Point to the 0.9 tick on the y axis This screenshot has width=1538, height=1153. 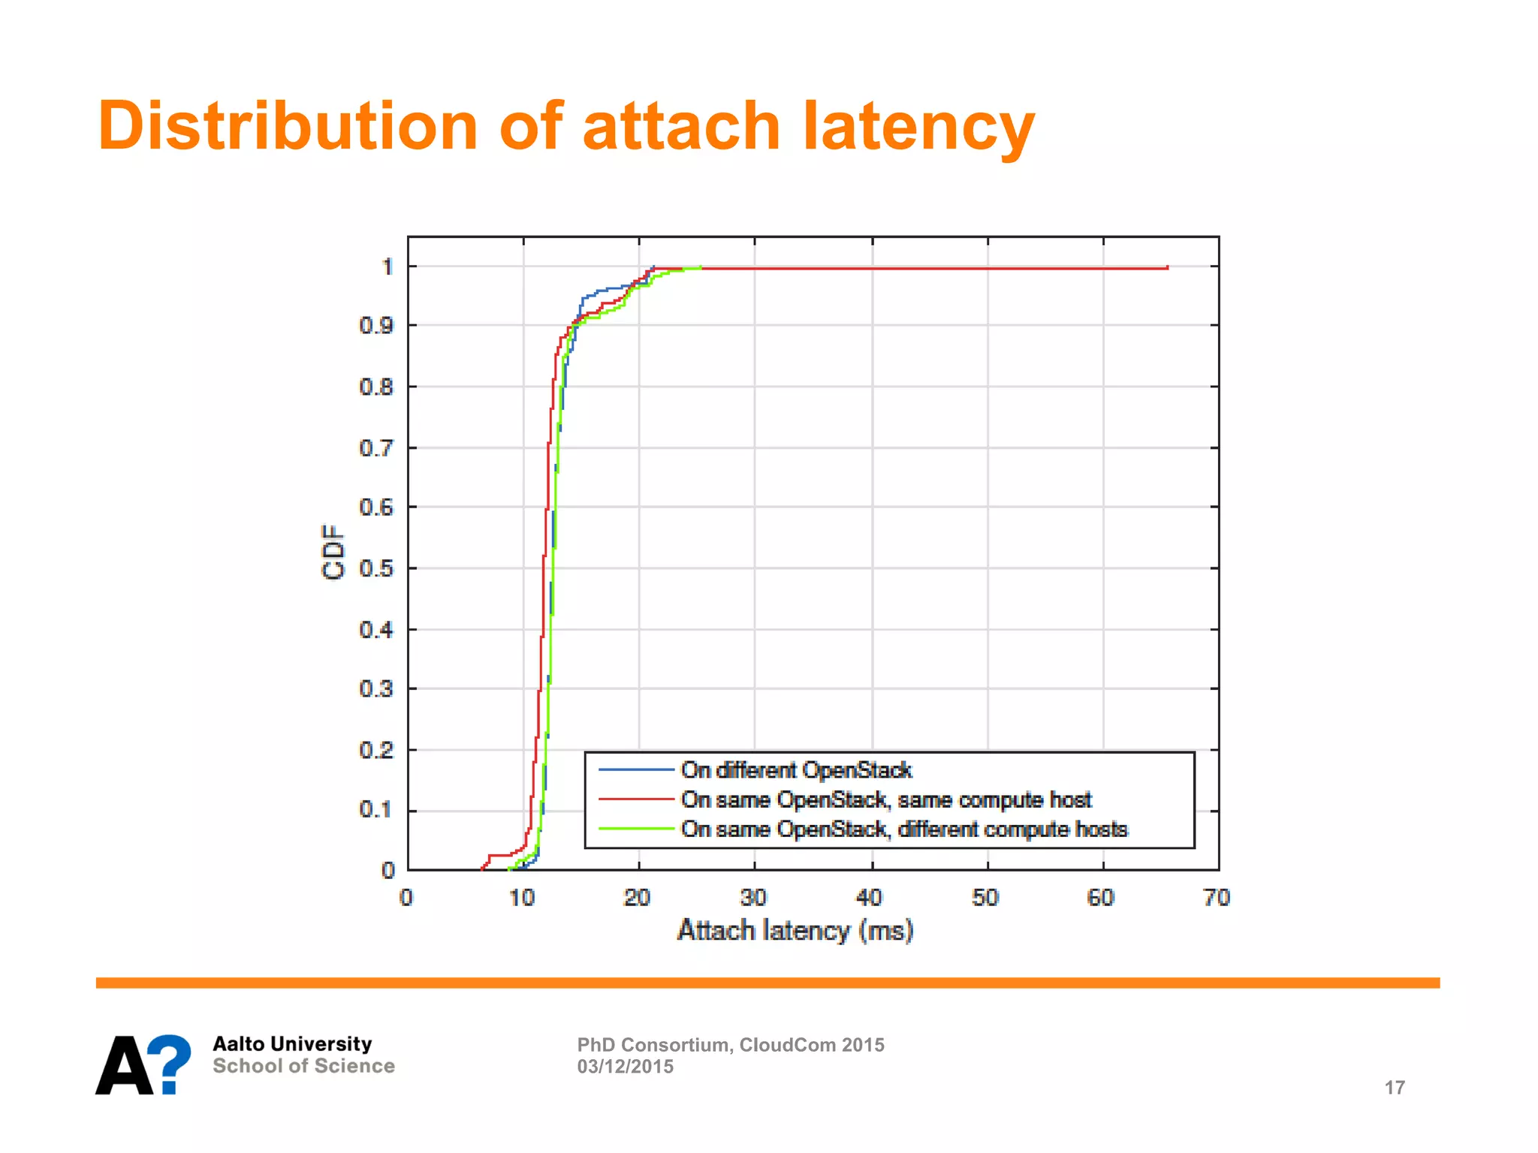pos(376,326)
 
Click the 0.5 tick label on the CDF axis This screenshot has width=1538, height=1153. pos(376,568)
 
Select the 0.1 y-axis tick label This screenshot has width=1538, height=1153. pos(376,810)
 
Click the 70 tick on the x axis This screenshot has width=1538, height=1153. pos(1217,898)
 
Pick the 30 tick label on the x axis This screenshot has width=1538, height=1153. pos(753,898)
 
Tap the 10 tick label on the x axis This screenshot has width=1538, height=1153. pos(522,898)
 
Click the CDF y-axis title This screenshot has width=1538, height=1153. pos(333,552)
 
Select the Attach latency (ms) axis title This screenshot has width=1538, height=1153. pos(795,931)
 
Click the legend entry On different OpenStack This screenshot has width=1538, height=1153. pos(796,770)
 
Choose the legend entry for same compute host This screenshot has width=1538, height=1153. pos(886,800)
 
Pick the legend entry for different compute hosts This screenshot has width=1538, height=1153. pos(904,829)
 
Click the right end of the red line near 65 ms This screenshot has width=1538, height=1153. pos(1167,267)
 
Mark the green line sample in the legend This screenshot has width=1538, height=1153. pos(635,829)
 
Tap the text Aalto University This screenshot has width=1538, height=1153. pos(292,1044)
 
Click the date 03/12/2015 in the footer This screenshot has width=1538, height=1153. pos(626,1067)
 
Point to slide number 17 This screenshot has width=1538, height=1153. pos(1395,1088)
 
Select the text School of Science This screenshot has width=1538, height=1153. pos(303,1066)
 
